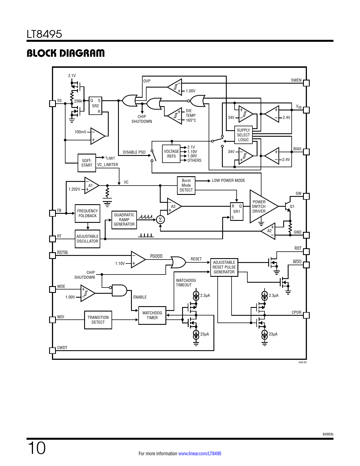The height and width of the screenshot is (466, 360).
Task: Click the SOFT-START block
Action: coord(87,163)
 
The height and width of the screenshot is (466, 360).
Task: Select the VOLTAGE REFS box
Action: coord(171,154)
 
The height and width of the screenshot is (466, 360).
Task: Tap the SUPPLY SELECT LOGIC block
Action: coord(243,135)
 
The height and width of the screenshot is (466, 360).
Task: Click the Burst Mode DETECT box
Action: coord(186,185)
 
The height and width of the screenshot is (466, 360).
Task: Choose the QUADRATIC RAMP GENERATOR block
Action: coord(124,220)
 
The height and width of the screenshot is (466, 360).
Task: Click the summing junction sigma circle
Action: coord(160,220)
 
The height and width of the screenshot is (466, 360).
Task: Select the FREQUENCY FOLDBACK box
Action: coord(88,213)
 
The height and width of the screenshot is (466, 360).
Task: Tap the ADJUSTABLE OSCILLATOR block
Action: coord(88,239)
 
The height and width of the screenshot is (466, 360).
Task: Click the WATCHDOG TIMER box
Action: coord(152,315)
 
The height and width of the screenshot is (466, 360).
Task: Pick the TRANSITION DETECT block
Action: coord(98,320)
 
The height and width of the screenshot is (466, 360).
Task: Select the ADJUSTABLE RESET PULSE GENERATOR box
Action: coord(224,267)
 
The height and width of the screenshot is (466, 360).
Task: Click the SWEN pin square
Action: coord(306,83)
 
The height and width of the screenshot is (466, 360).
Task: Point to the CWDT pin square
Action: coord(53,350)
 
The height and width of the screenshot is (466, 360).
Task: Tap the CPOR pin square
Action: coord(306,315)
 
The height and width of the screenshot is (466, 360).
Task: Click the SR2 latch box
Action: coord(95,106)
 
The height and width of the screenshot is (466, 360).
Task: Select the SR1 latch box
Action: coord(237,212)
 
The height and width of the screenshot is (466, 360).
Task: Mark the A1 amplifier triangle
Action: coord(91,186)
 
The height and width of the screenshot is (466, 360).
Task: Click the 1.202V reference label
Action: coord(74,189)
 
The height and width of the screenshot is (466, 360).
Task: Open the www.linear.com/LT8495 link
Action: coord(200,454)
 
